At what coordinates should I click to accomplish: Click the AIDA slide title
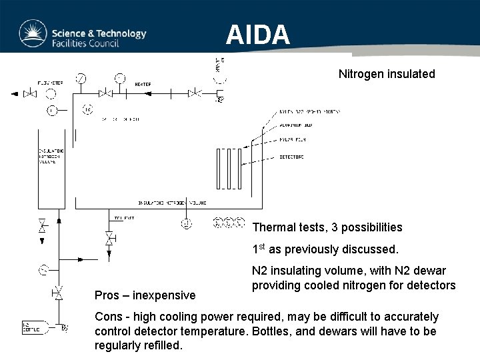coord(257,34)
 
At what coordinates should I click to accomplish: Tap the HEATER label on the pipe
coord(143,84)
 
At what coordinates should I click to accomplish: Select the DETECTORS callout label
coord(291,157)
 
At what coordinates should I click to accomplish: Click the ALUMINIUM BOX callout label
coord(294,125)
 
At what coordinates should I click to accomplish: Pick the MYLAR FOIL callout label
coord(291,141)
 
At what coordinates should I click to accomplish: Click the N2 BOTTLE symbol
coord(31,327)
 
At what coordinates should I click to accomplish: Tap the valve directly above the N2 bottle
coord(59,293)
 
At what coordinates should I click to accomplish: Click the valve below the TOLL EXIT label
coord(109,238)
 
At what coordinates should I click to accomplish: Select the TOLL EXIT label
coord(123,218)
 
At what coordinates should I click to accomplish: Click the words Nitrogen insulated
coord(386,74)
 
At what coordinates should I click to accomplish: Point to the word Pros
coord(107,295)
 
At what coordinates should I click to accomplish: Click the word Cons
coord(109,317)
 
